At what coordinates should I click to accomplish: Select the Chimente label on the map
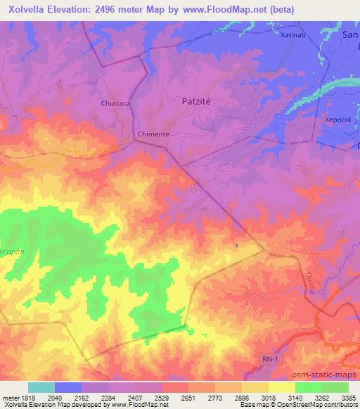click(153, 134)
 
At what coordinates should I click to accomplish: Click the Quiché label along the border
click(310, 283)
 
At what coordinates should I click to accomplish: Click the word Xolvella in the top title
click(28, 9)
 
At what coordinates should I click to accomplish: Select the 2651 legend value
click(188, 397)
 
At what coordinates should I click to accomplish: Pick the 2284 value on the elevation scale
click(108, 397)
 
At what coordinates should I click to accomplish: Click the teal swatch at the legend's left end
click(41, 387)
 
